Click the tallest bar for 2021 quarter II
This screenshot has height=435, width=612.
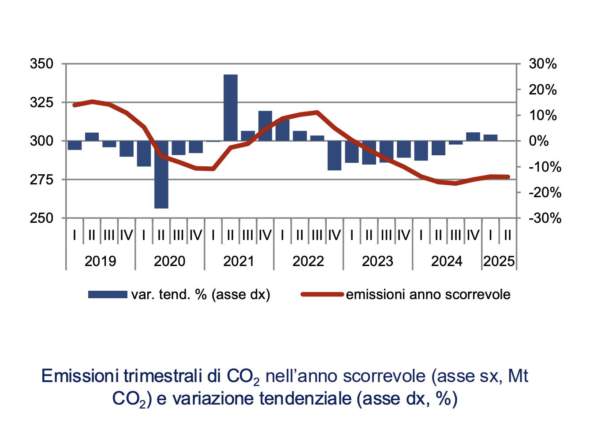point(230,108)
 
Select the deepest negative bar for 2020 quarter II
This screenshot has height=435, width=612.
point(161,174)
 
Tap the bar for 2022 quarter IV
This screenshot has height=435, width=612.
point(334,155)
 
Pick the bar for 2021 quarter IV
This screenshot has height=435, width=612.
point(265,126)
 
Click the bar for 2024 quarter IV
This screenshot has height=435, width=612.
point(473,137)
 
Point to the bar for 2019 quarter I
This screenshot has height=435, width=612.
point(75,145)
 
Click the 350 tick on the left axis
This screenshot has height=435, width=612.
point(41,64)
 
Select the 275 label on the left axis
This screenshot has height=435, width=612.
point(41,180)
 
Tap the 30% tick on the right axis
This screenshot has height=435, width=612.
point(543,64)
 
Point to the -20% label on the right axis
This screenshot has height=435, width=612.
point(545,192)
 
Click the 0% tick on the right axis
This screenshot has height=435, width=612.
point(538,141)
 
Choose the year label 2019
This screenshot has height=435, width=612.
point(100,261)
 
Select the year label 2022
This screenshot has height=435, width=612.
point(308,261)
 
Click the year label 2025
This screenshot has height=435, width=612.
point(499,261)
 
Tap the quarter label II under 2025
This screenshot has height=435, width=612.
point(508,236)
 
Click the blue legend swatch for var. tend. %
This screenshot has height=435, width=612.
point(107,295)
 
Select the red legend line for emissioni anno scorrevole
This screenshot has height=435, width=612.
point(322,295)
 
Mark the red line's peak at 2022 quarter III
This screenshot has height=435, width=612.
point(317,112)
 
